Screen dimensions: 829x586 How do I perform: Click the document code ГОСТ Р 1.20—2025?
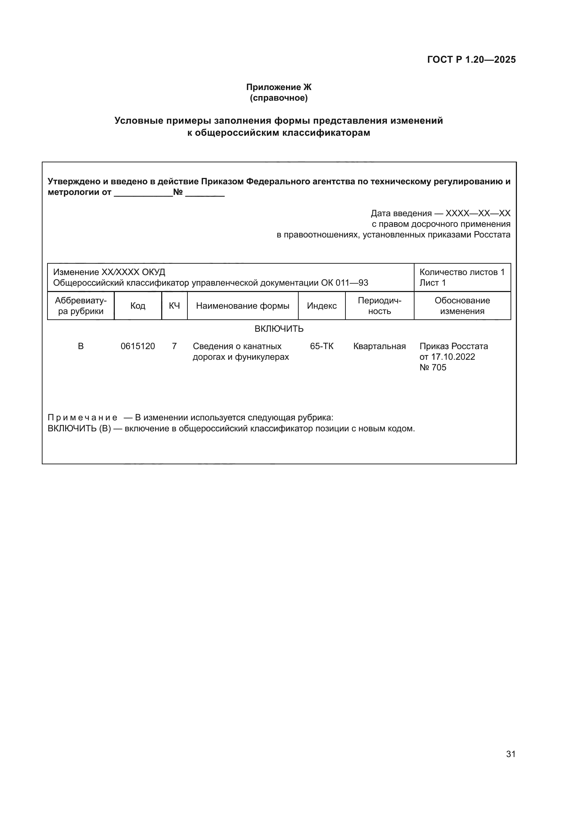click(471, 60)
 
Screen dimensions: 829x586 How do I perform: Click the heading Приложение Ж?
click(278, 87)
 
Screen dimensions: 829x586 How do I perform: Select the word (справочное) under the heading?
click(278, 98)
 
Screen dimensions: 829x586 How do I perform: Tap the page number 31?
click(511, 754)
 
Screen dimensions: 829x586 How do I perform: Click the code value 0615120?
click(137, 346)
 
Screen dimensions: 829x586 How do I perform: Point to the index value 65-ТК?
click(321, 346)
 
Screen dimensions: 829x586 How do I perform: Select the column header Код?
click(137, 306)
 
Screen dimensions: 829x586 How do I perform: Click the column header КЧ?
click(174, 306)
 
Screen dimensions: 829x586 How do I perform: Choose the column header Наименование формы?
click(242, 306)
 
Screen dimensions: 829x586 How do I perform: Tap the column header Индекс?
click(321, 306)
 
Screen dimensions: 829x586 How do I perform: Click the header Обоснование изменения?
click(462, 306)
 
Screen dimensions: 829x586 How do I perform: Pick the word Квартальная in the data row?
click(379, 346)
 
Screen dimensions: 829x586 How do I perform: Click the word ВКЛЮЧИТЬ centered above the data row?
click(279, 329)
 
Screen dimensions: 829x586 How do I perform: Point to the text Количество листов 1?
click(462, 272)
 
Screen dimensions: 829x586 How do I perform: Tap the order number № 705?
click(433, 368)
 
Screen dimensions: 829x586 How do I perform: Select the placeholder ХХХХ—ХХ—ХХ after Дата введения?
click(478, 213)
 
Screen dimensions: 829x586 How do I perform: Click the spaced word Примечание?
click(82, 418)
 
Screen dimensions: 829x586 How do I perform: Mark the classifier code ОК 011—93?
click(344, 283)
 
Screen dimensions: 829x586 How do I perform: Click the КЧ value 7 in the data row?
click(174, 346)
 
